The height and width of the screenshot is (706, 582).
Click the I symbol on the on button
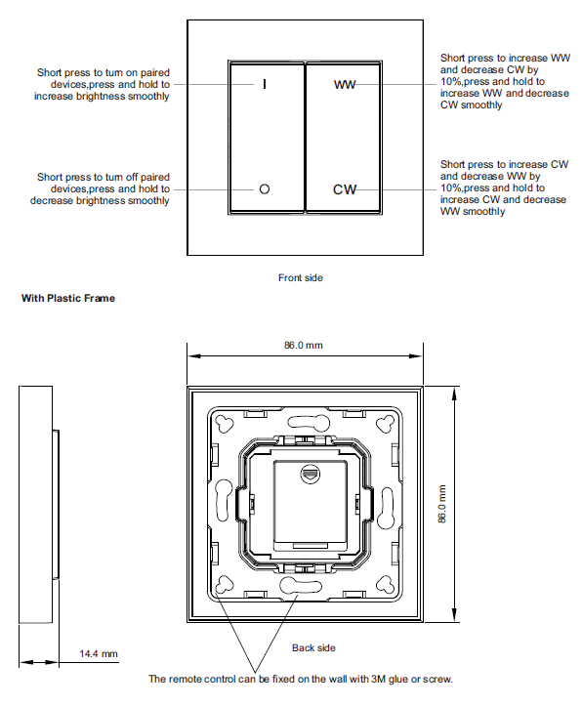pyautogui.click(x=265, y=84)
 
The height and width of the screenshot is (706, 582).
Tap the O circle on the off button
pyautogui.click(x=265, y=189)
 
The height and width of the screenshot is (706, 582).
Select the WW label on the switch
pyautogui.click(x=345, y=85)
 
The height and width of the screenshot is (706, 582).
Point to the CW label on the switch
pyautogui.click(x=345, y=189)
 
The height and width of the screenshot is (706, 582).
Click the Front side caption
pyautogui.click(x=300, y=277)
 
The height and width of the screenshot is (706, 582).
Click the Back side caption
pyautogui.click(x=313, y=648)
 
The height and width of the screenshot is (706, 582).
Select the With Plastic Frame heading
pyautogui.click(x=68, y=298)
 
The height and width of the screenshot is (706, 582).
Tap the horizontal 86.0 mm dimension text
pyautogui.click(x=304, y=346)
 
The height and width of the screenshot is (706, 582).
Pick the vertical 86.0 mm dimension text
pyautogui.click(x=442, y=504)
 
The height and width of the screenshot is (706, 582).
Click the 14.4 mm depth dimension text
pyautogui.click(x=99, y=654)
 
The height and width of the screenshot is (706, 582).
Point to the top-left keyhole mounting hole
pyautogui.click(x=225, y=423)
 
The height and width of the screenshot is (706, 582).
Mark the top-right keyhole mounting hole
pyautogui.click(x=386, y=423)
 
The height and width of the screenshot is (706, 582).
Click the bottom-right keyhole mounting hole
pyautogui.click(x=386, y=585)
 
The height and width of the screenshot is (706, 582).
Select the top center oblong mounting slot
pyautogui.click(x=309, y=422)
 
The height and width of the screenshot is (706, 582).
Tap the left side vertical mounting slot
pyautogui.click(x=224, y=500)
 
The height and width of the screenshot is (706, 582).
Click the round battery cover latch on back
pyautogui.click(x=311, y=474)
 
